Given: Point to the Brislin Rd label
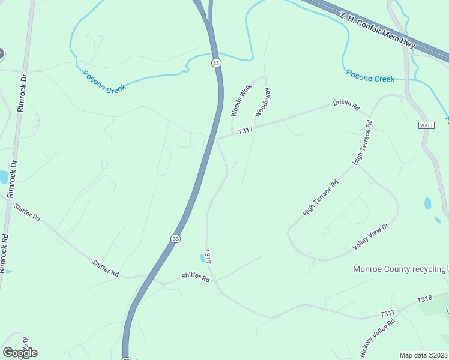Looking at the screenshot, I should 346,106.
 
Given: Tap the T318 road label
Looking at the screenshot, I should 424,299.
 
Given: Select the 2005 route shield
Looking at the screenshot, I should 426,125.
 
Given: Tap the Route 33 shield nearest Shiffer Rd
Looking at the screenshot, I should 175,238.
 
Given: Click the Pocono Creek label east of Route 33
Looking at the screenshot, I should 370,78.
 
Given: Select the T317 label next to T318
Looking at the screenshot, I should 387,313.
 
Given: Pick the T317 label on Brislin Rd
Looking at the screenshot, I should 246,130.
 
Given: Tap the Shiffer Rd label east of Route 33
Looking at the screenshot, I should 196,278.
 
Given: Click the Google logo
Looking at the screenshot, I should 20,353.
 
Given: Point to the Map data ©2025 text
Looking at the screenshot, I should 423,355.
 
